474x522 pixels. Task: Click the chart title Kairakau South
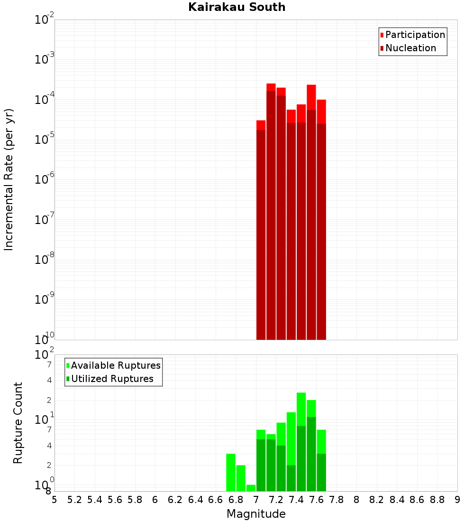point(237,7)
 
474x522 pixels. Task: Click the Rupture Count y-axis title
point(18,422)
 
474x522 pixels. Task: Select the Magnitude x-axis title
point(256,514)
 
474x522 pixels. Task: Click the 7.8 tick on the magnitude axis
point(337,500)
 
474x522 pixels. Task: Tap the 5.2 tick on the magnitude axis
point(74,500)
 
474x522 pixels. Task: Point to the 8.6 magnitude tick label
point(417,500)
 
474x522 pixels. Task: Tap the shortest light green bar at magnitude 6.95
point(251,488)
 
